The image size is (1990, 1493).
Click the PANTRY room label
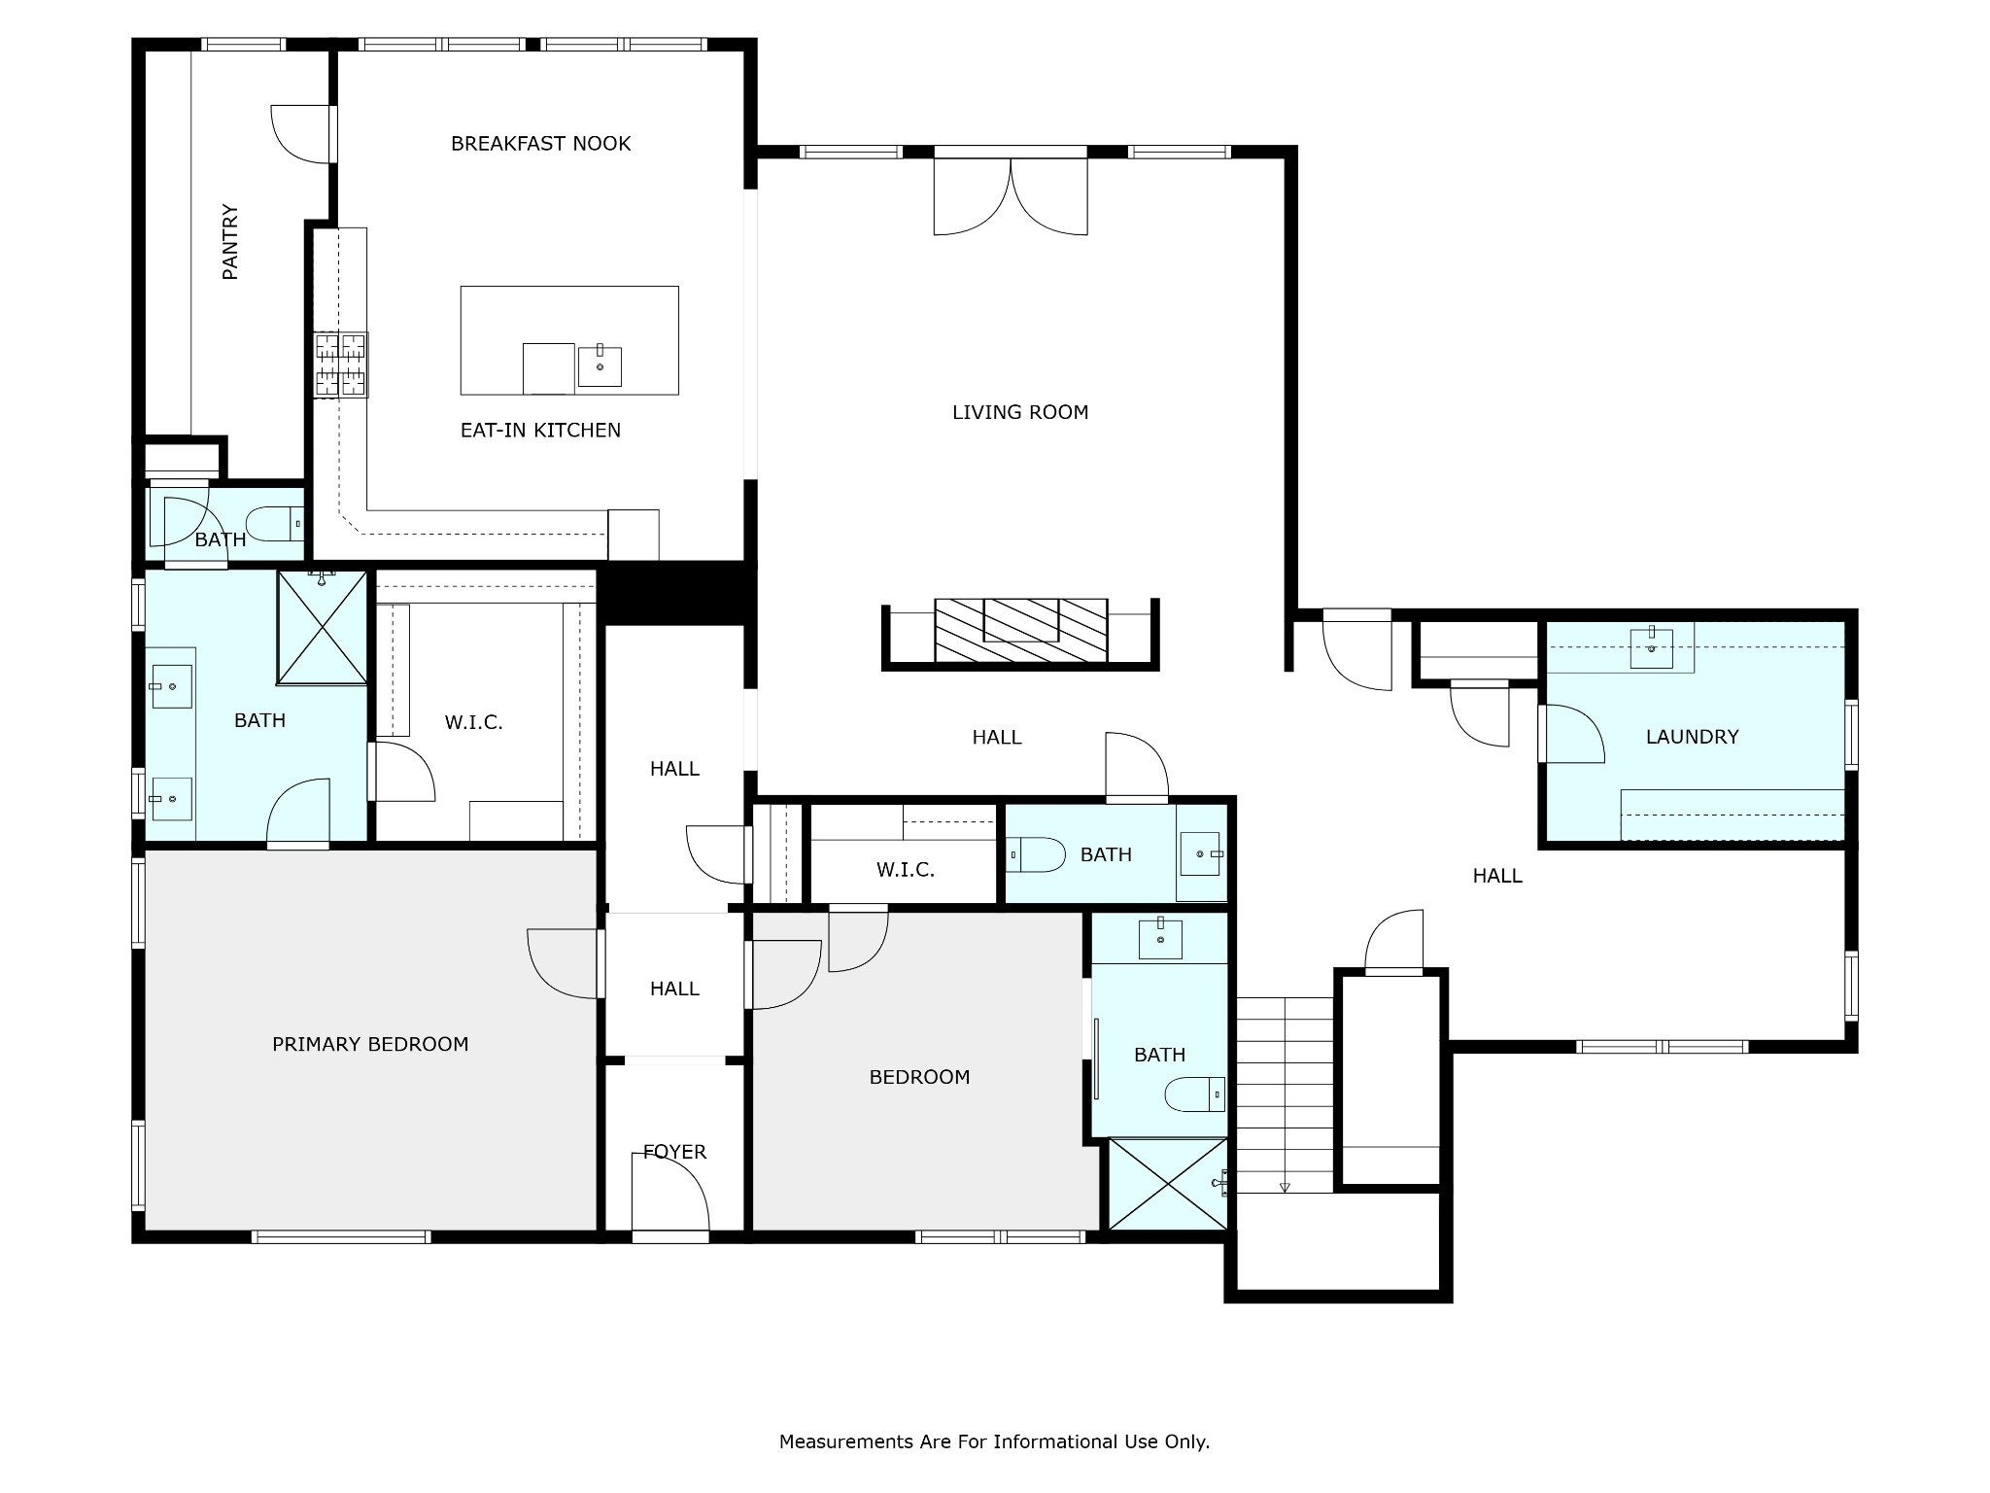tap(230, 242)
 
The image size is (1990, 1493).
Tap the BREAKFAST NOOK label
tap(541, 144)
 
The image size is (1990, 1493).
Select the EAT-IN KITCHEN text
tap(540, 431)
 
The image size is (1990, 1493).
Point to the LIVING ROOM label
tap(1020, 412)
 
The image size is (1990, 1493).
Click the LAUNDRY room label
tap(1692, 737)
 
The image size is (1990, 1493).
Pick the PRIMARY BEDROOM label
tap(370, 1044)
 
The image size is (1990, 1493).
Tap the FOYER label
tap(674, 1152)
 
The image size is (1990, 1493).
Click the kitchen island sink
tap(600, 365)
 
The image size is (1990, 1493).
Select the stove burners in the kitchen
tap(341, 365)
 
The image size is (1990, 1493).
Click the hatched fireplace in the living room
tap(1021, 630)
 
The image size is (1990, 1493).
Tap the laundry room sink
tap(1652, 647)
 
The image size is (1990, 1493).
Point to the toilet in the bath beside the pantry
tap(275, 525)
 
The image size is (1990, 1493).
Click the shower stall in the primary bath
tap(323, 627)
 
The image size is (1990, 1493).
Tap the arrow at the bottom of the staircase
tap(1285, 1187)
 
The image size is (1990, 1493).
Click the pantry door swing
tap(300, 134)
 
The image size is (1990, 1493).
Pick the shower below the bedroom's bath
tap(1168, 1184)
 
